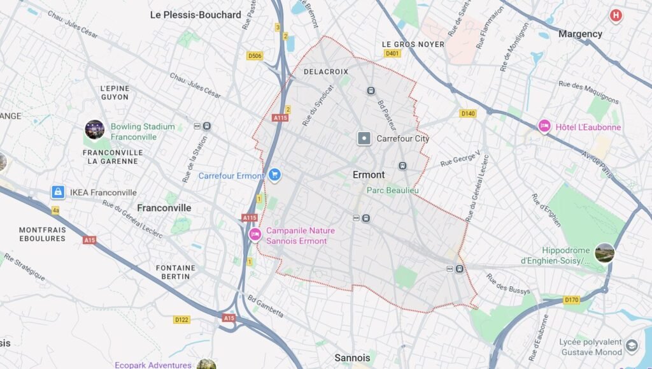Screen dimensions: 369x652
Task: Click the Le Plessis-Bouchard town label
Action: coord(195,15)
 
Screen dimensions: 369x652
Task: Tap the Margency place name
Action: coord(579,34)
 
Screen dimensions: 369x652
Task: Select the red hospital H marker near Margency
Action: coord(615,15)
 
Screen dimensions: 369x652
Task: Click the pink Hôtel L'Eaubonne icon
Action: coord(544,127)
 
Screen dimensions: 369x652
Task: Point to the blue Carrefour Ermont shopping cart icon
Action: coord(274,175)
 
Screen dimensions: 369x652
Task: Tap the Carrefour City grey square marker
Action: coord(364,138)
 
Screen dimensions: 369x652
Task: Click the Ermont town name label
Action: coord(369,175)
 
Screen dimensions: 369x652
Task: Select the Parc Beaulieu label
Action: coord(392,190)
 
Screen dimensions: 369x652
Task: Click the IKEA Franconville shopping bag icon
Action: coord(58,192)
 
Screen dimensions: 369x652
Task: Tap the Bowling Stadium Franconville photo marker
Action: coord(94,130)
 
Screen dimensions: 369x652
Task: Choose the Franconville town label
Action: coord(164,208)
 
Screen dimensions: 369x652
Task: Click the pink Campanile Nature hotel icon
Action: coord(255,235)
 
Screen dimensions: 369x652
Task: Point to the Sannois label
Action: coord(352,358)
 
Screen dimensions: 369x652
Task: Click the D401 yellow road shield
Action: coord(392,54)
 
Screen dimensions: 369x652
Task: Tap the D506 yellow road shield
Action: coord(255,56)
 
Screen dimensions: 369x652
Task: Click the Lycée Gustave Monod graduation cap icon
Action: coord(632,346)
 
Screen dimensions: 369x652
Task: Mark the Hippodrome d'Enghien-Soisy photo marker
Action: coord(604,253)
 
